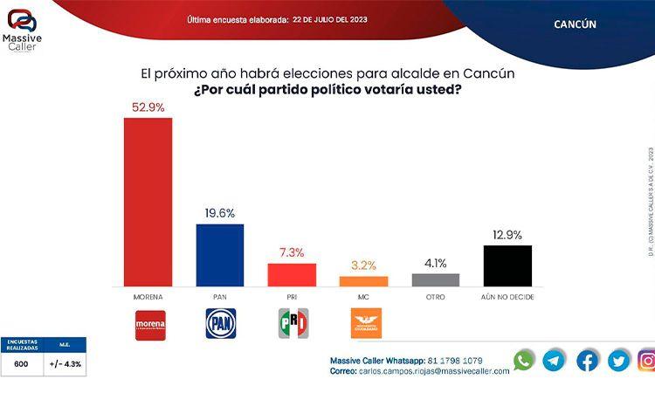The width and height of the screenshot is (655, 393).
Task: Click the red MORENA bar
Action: [x=148, y=202]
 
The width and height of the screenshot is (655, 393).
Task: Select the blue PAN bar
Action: [x=219, y=255]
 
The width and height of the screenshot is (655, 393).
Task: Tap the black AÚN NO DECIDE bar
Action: [x=507, y=265]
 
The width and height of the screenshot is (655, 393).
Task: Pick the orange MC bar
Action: [x=363, y=281]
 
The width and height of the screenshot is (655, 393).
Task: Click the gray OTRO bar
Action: [x=435, y=280]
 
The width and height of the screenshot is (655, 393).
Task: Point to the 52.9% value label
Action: [x=148, y=107]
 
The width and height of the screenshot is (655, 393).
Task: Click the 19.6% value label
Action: [x=219, y=213]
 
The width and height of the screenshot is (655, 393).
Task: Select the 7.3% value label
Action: [x=292, y=252]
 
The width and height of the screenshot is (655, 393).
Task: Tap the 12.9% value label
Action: [x=507, y=235]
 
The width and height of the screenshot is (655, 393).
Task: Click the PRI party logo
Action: [x=292, y=324]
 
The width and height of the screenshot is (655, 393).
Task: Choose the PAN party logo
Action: [x=219, y=324]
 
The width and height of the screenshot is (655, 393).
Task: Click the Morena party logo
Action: [x=148, y=324]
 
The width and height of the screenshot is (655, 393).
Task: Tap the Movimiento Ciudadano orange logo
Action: [x=363, y=324]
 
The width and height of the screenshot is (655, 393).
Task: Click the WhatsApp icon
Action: [x=524, y=361]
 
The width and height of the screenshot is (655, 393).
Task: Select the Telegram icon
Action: [x=554, y=361]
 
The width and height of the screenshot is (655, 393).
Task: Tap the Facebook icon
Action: [x=587, y=361]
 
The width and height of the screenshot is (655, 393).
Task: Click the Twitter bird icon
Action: [x=618, y=361]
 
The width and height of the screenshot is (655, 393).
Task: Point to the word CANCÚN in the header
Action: [x=575, y=24]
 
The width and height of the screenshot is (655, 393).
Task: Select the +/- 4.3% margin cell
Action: [x=65, y=363]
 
